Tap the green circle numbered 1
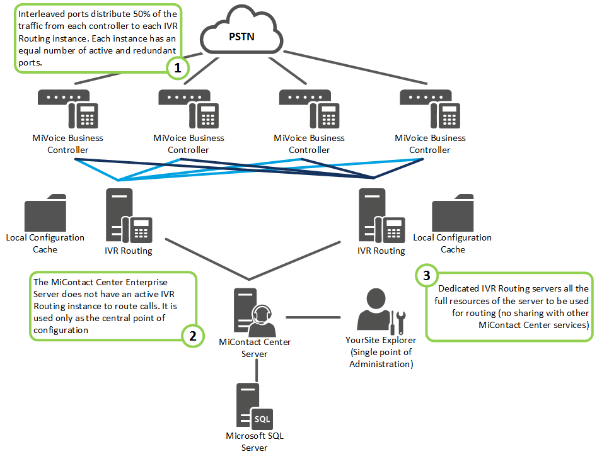coord(177,69)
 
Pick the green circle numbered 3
coord(427,275)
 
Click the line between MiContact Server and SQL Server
coord(256,371)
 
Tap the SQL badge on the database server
coord(261,417)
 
